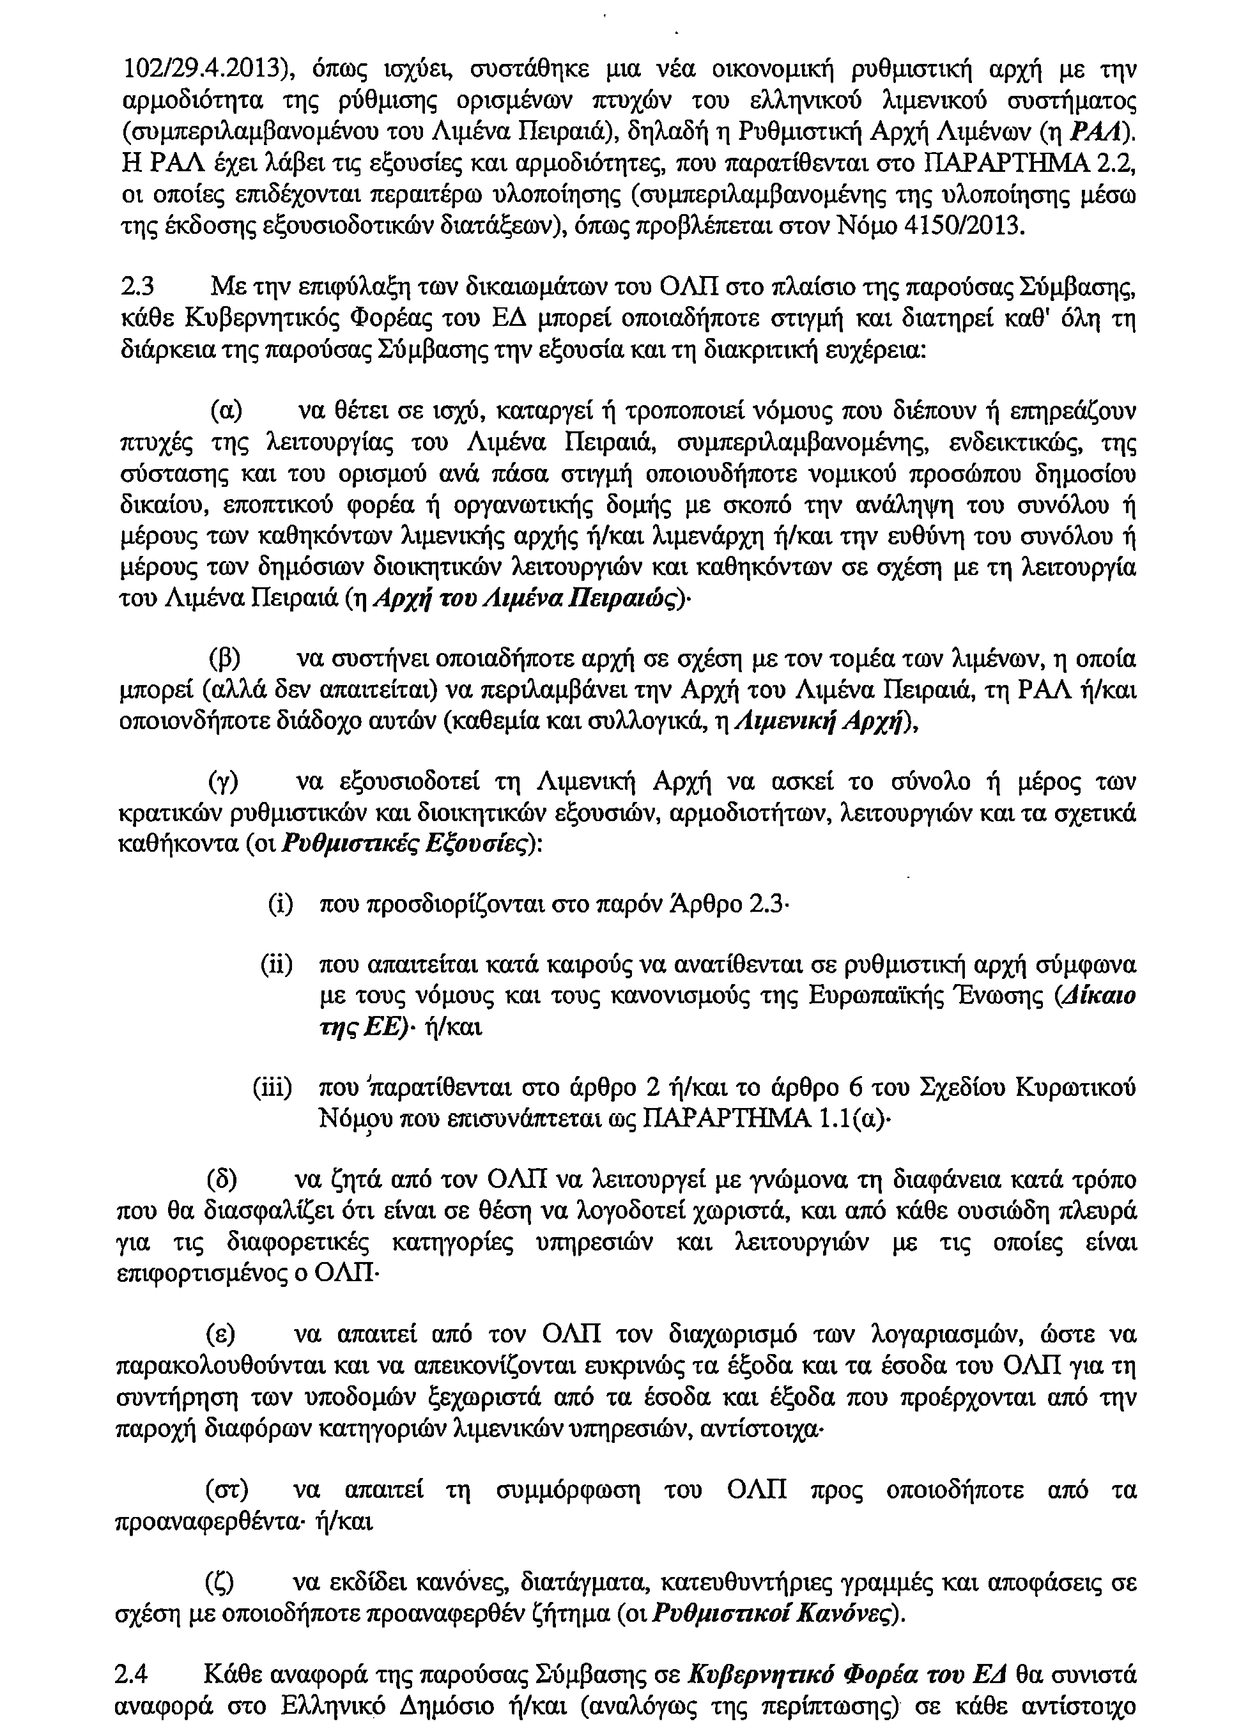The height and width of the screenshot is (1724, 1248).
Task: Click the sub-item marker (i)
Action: click(x=281, y=905)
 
